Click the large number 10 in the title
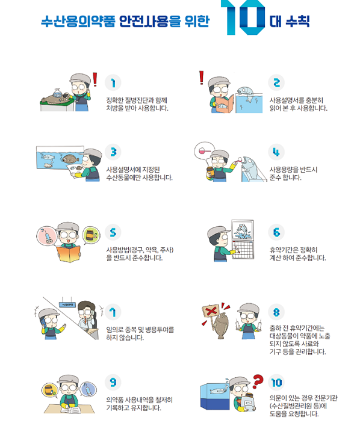tap(243, 17)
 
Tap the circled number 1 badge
tap(113, 82)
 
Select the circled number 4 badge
tap(276, 152)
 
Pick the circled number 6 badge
tap(276, 232)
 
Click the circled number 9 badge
tap(113, 382)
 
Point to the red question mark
tap(258, 381)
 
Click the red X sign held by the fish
tap(212, 311)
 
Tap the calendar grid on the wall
tap(243, 250)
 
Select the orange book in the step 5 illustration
tap(69, 253)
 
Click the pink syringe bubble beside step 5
tap(47, 235)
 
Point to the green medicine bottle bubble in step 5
tap(92, 235)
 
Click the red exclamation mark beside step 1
tap(95, 79)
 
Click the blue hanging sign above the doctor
tap(67, 305)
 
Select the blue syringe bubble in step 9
tap(88, 390)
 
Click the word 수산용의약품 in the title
tap(78, 21)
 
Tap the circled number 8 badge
tap(276, 312)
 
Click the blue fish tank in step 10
tap(216, 396)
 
